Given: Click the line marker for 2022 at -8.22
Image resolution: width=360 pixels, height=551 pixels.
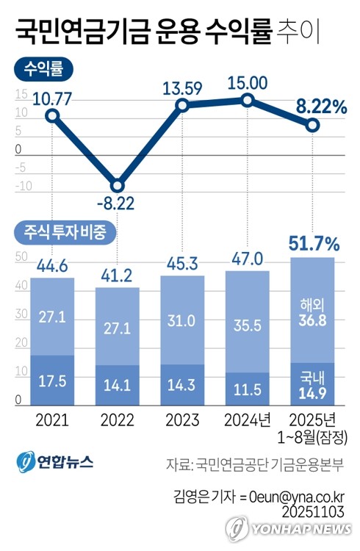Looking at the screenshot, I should pyautogui.click(x=117, y=185).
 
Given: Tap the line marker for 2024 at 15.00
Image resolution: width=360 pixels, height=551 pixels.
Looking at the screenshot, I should pyautogui.click(x=248, y=101).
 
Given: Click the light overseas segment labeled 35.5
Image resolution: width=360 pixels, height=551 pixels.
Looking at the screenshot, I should pyautogui.click(x=248, y=325).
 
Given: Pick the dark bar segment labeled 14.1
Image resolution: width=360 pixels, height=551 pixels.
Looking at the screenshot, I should pyautogui.click(x=117, y=385).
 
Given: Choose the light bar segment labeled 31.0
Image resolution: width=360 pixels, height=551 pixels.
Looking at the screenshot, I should pyautogui.click(x=182, y=320).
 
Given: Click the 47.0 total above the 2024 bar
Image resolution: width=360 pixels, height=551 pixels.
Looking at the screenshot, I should pyautogui.click(x=248, y=259).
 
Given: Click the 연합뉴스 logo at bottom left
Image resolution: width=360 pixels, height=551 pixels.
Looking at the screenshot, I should pyautogui.click(x=56, y=463).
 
